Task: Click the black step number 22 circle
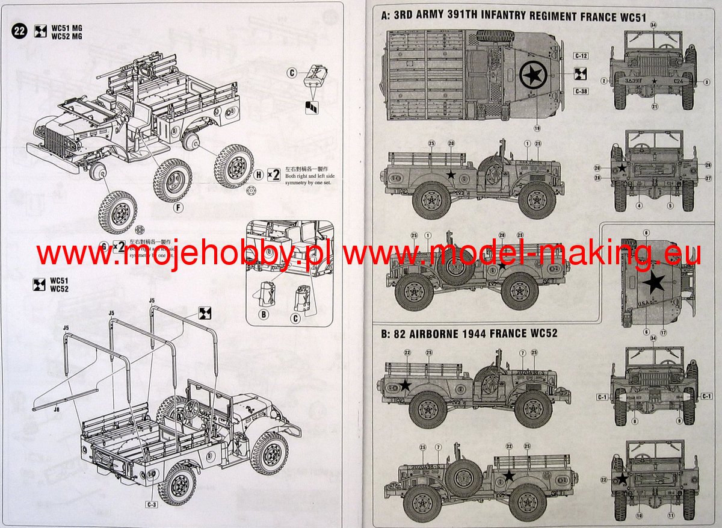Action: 19,32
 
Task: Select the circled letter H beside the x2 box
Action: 258,175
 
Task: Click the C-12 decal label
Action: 581,56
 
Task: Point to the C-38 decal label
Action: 581,91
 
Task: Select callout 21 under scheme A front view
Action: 654,107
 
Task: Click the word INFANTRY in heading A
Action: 511,17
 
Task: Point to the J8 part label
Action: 56,410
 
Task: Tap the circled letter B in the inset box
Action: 263,314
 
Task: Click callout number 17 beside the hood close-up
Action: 663,332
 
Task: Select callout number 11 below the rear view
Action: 670,515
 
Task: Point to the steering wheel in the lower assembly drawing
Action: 191,410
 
